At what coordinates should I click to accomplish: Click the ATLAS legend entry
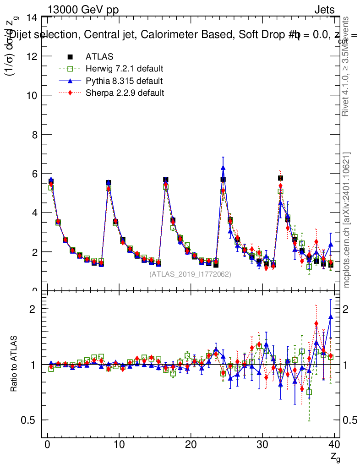pos(99,57)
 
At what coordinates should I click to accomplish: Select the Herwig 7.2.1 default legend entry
pos(124,69)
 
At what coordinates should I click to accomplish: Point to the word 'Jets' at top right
pos(324,10)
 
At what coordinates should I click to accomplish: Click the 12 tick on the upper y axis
pos(33,56)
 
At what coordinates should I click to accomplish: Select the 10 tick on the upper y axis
pos(33,95)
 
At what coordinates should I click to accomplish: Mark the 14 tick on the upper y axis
pos(33,17)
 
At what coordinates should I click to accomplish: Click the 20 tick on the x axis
pos(191,444)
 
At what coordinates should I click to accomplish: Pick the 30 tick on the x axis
pos(262,444)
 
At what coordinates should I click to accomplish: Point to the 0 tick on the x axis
pos(47,444)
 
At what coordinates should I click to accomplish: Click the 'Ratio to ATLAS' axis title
pos(14,364)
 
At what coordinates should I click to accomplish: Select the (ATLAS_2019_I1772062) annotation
pos(190,274)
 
